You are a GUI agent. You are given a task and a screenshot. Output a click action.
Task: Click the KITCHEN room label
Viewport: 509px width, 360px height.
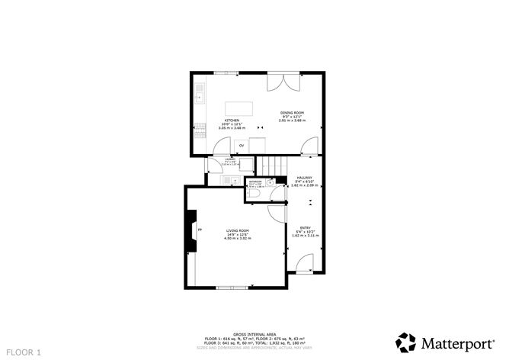click(x=232, y=121)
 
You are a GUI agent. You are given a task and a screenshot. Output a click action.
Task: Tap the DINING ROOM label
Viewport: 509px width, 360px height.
click(x=292, y=112)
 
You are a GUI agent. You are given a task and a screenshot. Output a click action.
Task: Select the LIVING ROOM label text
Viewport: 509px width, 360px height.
click(x=237, y=230)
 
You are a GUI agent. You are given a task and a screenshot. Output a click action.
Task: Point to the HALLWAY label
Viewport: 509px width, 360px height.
click(x=304, y=177)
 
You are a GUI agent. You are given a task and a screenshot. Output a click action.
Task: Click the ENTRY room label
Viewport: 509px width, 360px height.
click(x=304, y=227)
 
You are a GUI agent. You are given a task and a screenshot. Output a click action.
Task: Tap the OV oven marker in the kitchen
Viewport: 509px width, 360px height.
click(x=242, y=145)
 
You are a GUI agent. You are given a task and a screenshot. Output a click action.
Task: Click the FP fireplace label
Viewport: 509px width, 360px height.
click(x=200, y=230)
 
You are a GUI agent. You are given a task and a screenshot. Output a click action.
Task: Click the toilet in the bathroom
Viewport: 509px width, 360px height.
click(x=255, y=196)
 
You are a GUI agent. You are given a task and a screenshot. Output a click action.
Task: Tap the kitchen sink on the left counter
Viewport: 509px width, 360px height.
click(x=198, y=95)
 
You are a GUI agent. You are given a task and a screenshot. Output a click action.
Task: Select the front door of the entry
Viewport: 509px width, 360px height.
click(x=304, y=266)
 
